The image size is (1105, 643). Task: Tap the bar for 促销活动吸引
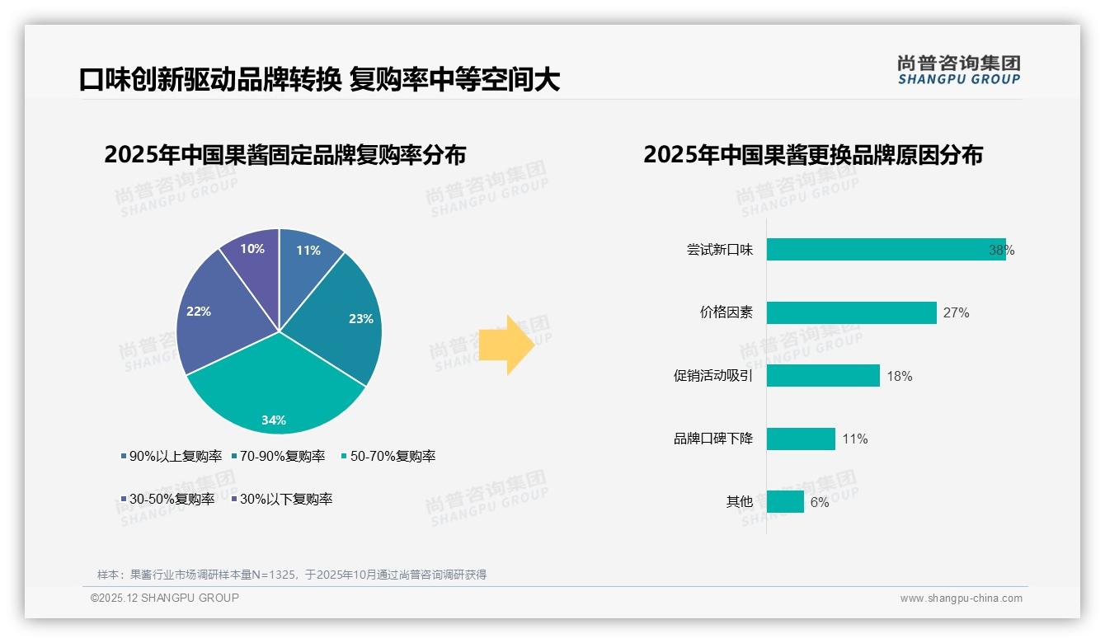[x=823, y=376]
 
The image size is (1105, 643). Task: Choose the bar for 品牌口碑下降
[x=801, y=439]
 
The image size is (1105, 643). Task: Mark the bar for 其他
[x=785, y=501]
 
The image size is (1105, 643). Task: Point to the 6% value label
[x=820, y=502]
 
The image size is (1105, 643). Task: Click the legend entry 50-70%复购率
[x=388, y=456]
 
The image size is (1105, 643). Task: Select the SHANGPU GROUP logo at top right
[x=959, y=70]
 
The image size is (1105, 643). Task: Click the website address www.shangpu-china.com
[x=961, y=598]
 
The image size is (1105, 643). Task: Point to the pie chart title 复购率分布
[x=285, y=155]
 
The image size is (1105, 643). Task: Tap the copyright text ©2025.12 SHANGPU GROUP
[x=165, y=598]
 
